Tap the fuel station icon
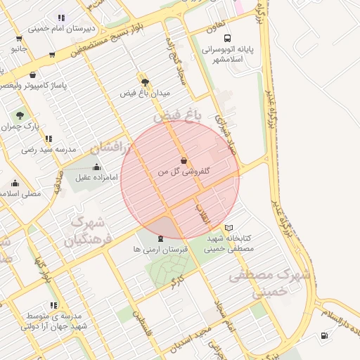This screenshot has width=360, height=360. coord(323,335)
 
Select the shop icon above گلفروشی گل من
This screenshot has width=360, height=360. coord(184,160)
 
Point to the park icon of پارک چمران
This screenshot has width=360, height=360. coord(19,115)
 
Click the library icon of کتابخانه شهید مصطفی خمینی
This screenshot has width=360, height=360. coord(229,228)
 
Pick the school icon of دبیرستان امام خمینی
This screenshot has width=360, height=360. coord(62,18)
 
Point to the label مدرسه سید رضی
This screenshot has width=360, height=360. coord(49,149)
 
